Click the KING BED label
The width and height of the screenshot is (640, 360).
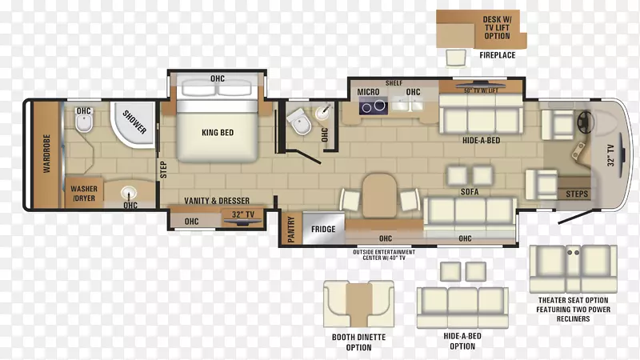[x=218, y=133]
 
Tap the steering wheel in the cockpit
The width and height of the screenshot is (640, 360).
[x=586, y=122]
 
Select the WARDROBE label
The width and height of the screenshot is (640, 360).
[x=46, y=154]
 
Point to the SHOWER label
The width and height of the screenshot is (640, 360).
[x=134, y=122]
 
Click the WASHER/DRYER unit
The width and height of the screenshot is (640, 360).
[x=84, y=194]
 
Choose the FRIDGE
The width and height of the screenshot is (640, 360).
[x=323, y=229]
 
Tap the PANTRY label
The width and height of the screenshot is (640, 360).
[x=291, y=230]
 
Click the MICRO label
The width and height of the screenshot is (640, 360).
[x=368, y=92]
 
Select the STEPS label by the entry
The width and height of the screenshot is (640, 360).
[x=577, y=194]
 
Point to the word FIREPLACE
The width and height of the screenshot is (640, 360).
[x=497, y=55]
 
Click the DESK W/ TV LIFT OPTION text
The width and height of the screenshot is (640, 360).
[x=497, y=28]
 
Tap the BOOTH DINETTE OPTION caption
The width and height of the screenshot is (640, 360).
[x=358, y=342]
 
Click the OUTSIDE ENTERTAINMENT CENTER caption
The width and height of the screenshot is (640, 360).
[x=384, y=255]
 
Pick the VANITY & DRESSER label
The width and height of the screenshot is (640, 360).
[x=217, y=201]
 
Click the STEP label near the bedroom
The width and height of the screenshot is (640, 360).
[x=163, y=170]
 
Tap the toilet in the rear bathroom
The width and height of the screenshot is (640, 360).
[x=84, y=122]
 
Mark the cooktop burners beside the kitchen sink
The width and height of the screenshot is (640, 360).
[x=374, y=106]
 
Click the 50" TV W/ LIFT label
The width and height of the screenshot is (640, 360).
[x=481, y=90]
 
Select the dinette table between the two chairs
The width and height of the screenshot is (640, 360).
[x=379, y=195]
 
